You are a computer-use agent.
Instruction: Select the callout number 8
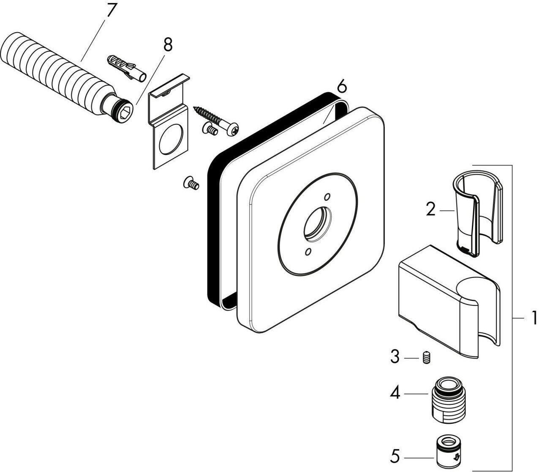coord(168,44)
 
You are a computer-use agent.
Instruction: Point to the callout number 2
coord(430,209)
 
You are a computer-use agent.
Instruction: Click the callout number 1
coord(534,318)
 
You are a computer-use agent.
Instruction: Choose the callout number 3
coord(395,357)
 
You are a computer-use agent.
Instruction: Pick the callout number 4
coord(395,394)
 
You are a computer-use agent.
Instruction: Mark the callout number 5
coord(395,456)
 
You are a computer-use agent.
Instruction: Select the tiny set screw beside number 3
coord(426,357)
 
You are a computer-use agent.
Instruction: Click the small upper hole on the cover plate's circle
coord(327,197)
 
